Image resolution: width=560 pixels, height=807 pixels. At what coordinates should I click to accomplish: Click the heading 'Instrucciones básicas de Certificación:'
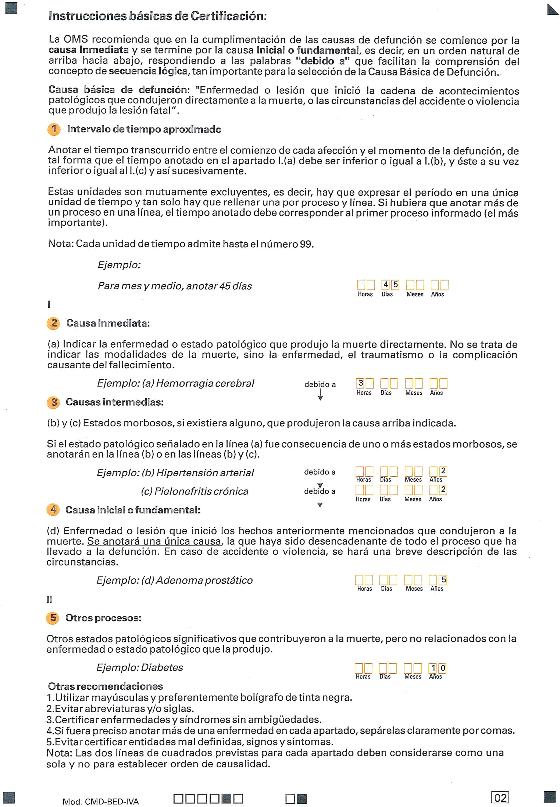coord(157,16)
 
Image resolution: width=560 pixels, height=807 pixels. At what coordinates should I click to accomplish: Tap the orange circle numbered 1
coord(54,129)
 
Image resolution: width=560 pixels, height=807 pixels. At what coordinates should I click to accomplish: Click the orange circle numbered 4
coord(53,509)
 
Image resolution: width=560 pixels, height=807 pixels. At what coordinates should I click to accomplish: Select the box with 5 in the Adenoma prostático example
coord(443,580)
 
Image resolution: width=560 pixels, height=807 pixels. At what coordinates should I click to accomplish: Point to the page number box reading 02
coord(500,798)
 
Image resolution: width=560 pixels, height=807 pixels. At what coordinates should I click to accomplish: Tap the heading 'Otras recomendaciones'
coord(106,686)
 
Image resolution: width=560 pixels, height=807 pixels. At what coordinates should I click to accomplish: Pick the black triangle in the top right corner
coord(552,10)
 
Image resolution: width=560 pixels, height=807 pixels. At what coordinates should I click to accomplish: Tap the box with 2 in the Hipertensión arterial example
coord(443,471)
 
